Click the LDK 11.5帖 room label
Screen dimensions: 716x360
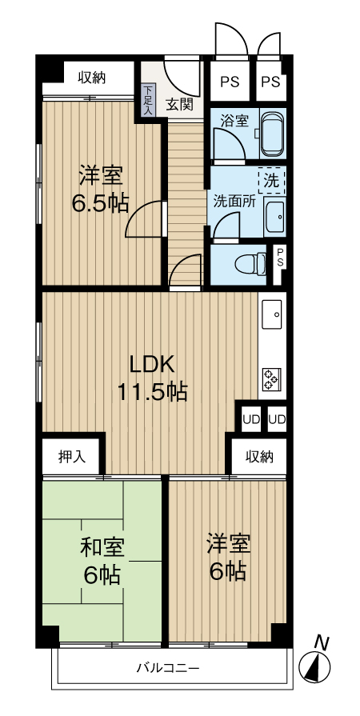(152, 378)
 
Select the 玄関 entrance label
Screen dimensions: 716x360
(179, 103)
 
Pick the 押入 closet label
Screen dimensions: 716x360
(71, 458)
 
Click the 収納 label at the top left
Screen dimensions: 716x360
(91, 78)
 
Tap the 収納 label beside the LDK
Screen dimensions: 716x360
(258, 457)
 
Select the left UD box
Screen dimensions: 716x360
(250, 418)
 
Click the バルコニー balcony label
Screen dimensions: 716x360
(167, 666)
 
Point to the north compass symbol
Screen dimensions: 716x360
(317, 664)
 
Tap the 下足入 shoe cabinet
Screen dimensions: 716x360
(148, 100)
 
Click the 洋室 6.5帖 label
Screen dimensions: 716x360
(101, 189)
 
